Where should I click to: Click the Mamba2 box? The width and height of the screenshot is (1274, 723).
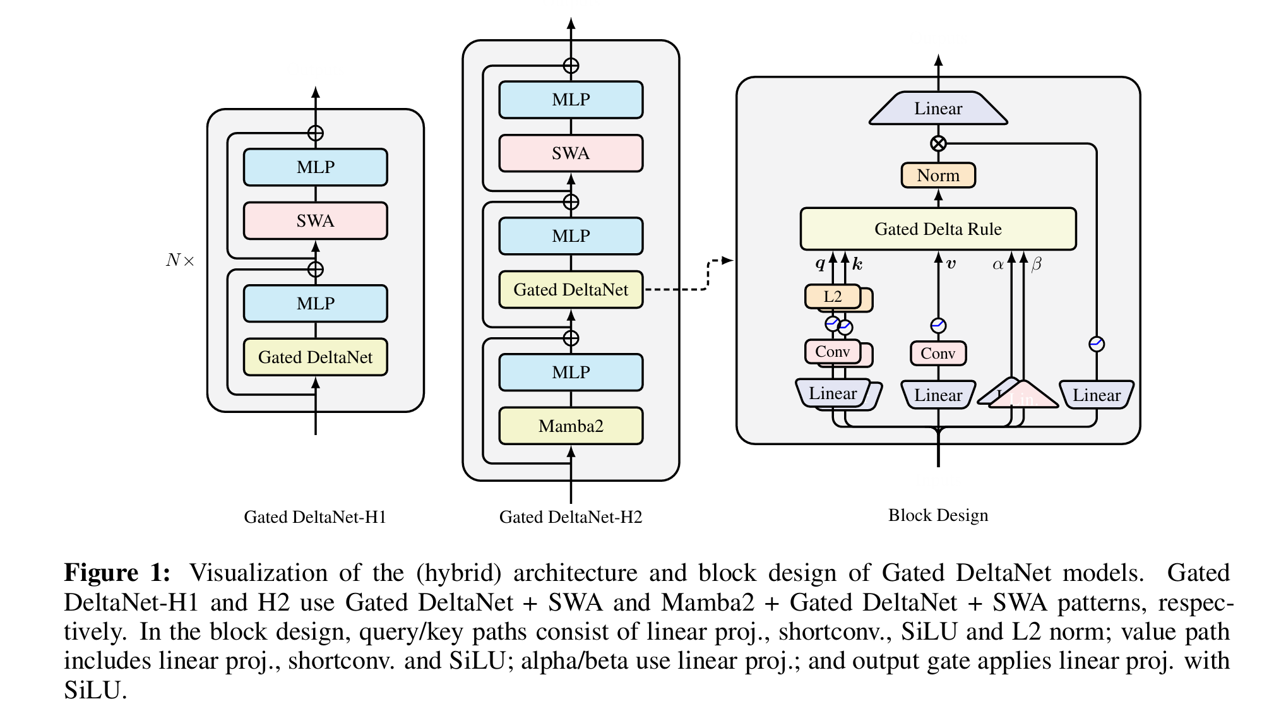pyautogui.click(x=571, y=426)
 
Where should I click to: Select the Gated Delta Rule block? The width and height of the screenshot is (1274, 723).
pyautogui.click(x=938, y=229)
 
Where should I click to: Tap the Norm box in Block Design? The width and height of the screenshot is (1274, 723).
pyautogui.click(x=938, y=176)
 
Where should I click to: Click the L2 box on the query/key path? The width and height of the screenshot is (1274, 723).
pyautogui.click(x=833, y=297)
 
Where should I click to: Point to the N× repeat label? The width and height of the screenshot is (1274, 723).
pyautogui.click(x=180, y=260)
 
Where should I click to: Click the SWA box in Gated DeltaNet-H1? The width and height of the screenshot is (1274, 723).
pyautogui.click(x=315, y=221)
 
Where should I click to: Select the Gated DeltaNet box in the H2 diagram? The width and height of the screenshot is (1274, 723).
pyautogui.click(x=571, y=290)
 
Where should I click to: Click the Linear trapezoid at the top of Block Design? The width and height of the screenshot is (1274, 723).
pyautogui.click(x=938, y=109)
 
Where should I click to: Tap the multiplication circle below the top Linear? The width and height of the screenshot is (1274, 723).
pyautogui.click(x=938, y=143)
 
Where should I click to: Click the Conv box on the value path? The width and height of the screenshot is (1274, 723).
pyautogui.click(x=938, y=354)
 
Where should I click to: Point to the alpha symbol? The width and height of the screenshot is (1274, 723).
pyautogui.click(x=997, y=265)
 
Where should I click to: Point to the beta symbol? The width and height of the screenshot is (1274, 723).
pyautogui.click(x=1036, y=265)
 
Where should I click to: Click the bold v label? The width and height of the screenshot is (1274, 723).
pyautogui.click(x=951, y=265)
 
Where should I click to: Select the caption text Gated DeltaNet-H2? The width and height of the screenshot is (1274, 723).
pyautogui.click(x=571, y=518)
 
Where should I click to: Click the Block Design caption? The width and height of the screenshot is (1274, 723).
pyautogui.click(x=938, y=516)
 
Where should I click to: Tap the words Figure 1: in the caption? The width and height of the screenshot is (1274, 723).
pyautogui.click(x=117, y=573)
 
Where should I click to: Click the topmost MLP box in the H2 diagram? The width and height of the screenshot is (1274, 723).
pyautogui.click(x=571, y=100)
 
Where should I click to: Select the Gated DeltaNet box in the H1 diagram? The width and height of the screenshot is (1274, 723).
pyautogui.click(x=315, y=357)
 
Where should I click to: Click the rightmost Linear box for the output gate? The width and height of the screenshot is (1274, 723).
pyautogui.click(x=1097, y=395)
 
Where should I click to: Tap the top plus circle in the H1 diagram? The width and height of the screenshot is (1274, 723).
pyautogui.click(x=316, y=133)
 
